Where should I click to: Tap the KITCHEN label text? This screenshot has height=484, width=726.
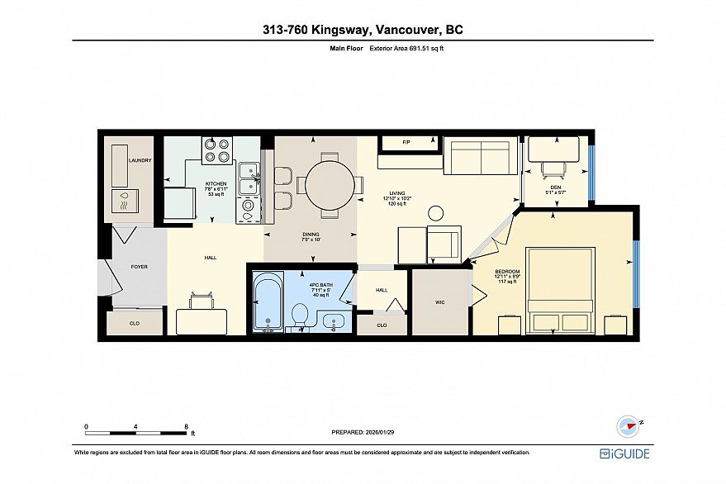(x=216, y=183)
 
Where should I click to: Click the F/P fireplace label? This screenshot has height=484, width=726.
(x=406, y=143)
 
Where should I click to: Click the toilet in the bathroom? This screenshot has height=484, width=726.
(x=301, y=315)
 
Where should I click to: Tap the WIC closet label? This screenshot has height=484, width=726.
(x=440, y=302)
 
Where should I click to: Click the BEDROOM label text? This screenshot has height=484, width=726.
(x=507, y=271)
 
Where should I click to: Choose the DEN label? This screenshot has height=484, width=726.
(x=553, y=188)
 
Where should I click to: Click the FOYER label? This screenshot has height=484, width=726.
(x=140, y=268)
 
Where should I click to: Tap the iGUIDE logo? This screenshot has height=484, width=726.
(x=624, y=453)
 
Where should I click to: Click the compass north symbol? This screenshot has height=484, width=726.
(x=629, y=426)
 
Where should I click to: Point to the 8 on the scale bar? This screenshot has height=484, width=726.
(x=187, y=426)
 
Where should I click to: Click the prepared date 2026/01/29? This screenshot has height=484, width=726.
(x=363, y=432)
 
